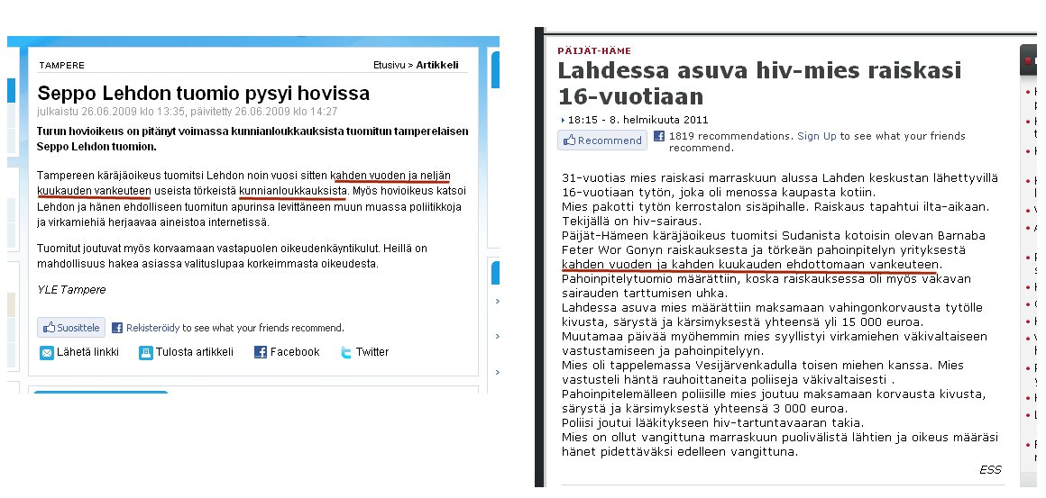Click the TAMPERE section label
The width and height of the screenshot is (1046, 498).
[x=61, y=66]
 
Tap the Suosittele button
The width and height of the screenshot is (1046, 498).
[x=71, y=328]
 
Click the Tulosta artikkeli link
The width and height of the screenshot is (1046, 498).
[x=194, y=352]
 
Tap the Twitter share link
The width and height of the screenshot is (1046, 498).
[x=372, y=352]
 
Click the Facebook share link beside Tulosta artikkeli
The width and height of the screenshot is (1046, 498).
[x=294, y=352]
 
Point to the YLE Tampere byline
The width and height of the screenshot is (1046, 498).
[x=71, y=290]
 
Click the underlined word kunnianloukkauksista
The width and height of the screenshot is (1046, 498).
[x=293, y=191]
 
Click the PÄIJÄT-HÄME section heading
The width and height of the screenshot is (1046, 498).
[x=594, y=51]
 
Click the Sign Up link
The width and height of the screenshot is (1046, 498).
[x=817, y=136]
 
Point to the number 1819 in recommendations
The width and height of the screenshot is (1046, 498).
[x=681, y=136]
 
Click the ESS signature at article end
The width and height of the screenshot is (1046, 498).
[x=990, y=469]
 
